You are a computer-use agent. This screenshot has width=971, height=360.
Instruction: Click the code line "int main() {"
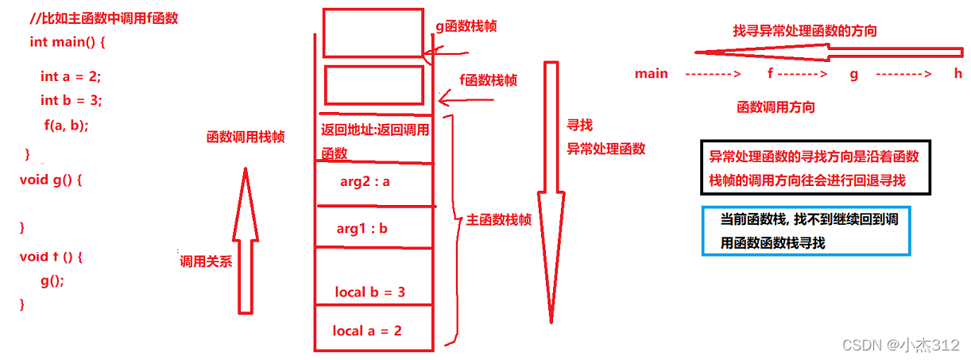[67, 42]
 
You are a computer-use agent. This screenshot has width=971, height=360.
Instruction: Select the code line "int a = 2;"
[71, 76]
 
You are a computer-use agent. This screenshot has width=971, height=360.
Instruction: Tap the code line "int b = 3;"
[71, 100]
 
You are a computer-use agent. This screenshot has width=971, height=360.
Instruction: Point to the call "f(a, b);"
[66, 125]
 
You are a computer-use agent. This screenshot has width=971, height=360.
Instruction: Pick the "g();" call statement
[52, 281]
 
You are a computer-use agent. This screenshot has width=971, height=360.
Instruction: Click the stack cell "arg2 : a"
[365, 181]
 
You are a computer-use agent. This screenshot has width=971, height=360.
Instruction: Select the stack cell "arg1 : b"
[362, 229]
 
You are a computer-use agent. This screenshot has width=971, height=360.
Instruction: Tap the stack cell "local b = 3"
[370, 292]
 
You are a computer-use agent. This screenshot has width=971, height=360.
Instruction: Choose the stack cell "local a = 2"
[367, 330]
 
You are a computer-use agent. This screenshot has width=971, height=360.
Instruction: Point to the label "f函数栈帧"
[489, 79]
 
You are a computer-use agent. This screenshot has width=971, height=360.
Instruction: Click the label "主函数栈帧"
[498, 220]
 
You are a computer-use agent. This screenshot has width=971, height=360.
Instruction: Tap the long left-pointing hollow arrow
[826, 52]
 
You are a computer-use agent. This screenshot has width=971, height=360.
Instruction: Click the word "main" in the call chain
[651, 74]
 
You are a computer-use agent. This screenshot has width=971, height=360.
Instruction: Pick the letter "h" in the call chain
[957, 73]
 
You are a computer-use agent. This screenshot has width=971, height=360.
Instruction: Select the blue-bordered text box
[806, 231]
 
